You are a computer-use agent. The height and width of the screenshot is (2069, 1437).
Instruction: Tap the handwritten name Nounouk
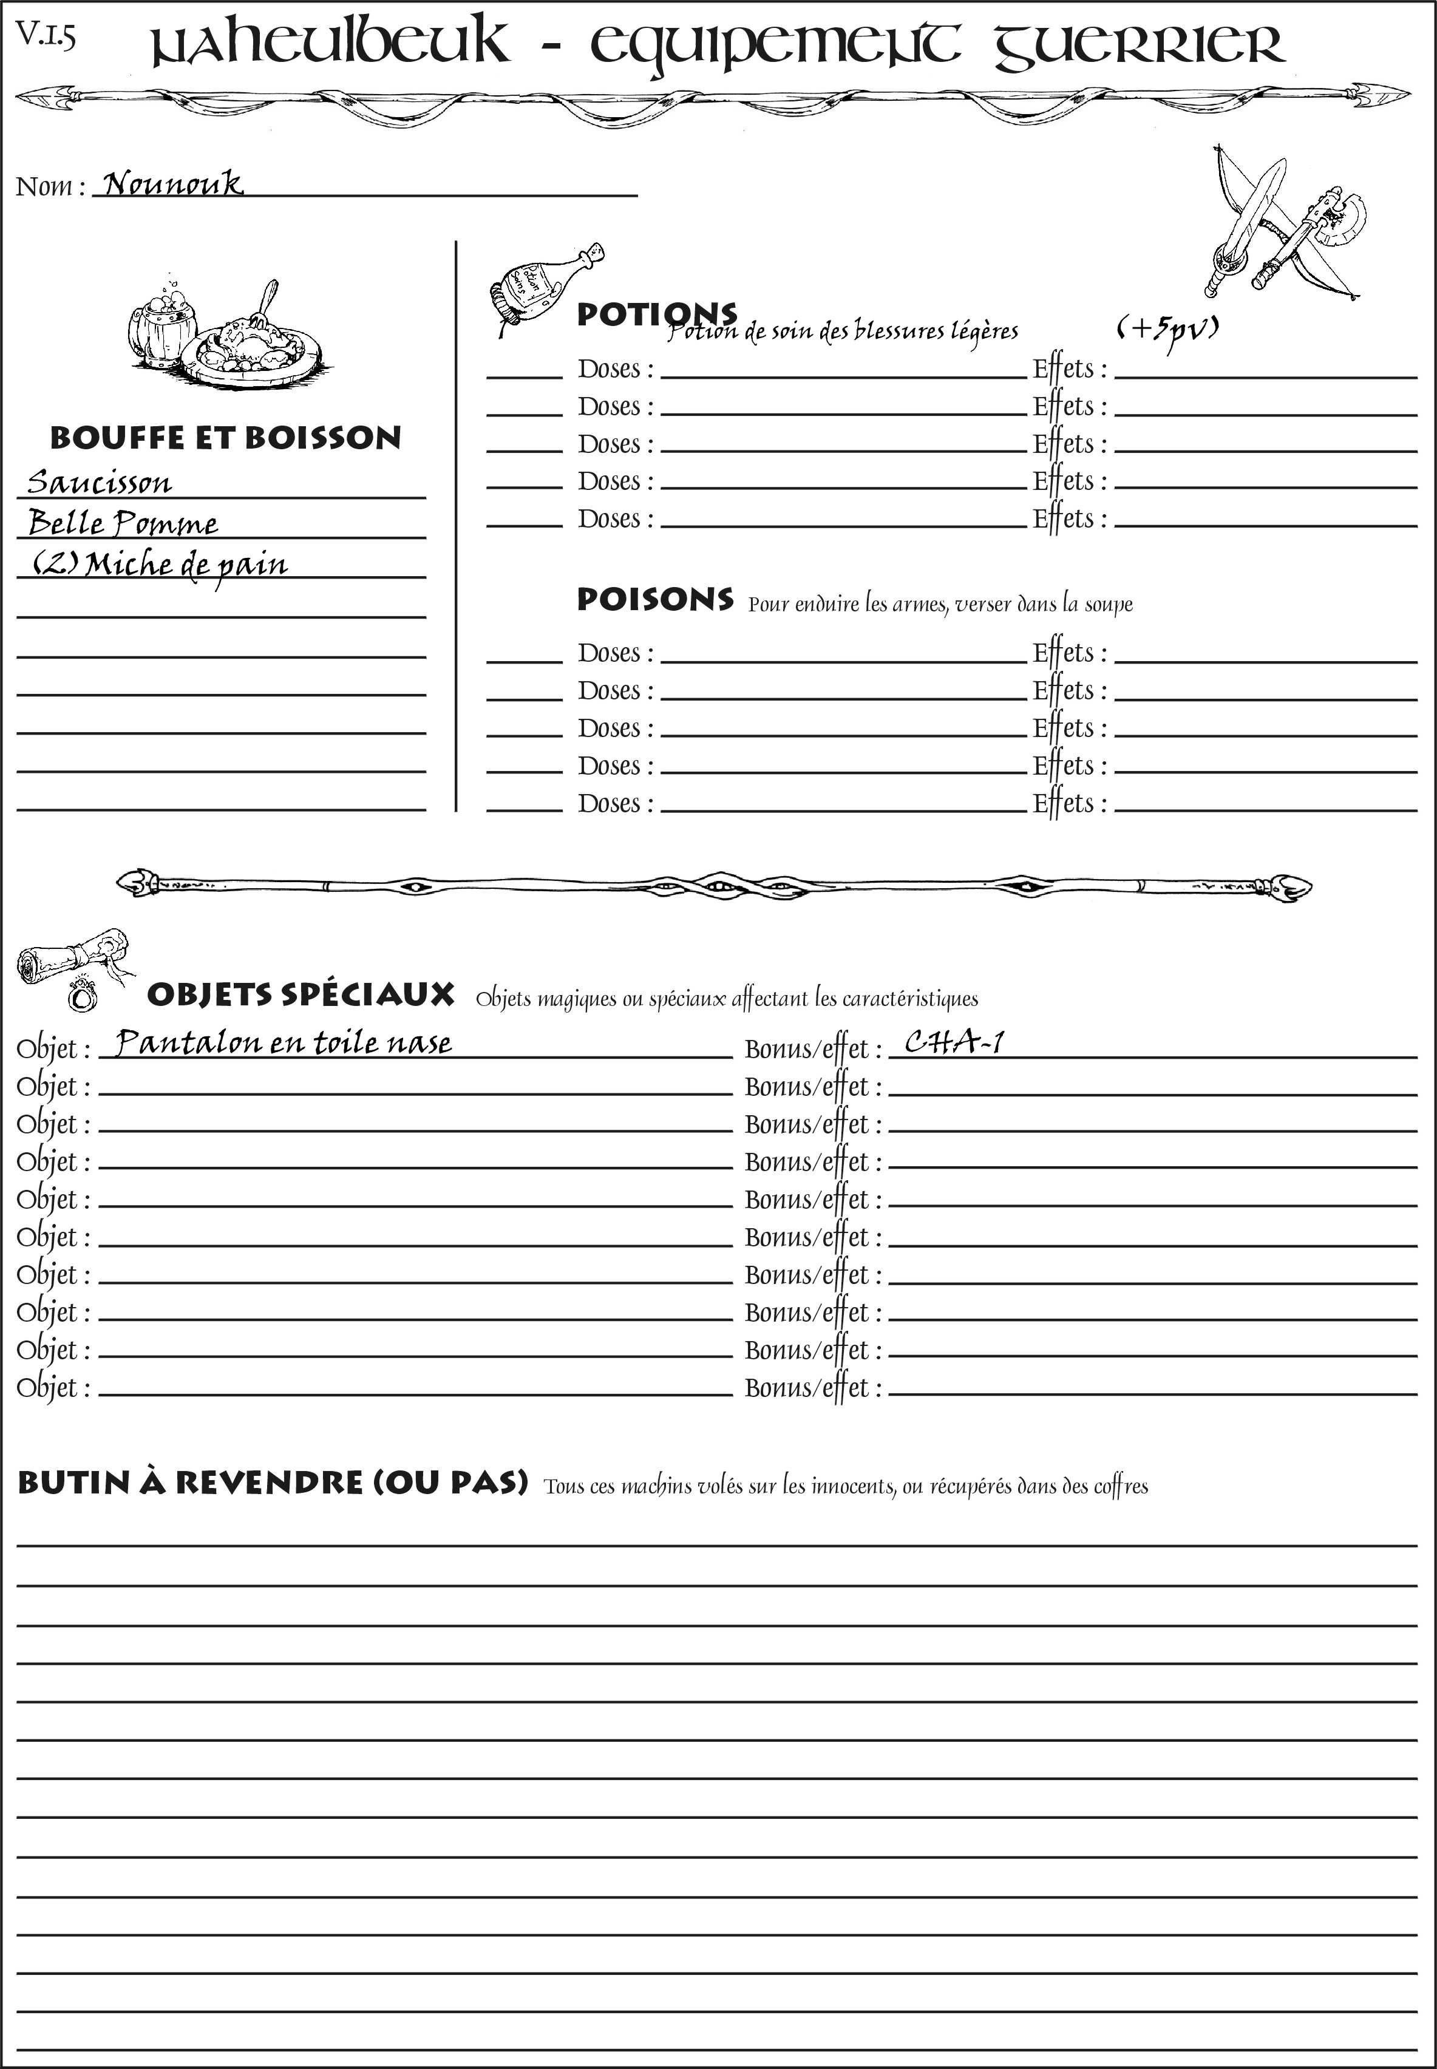(172, 185)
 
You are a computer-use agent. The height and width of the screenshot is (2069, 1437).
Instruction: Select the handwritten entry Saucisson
(99, 483)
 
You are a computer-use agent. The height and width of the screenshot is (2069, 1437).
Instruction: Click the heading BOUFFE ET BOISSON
(225, 438)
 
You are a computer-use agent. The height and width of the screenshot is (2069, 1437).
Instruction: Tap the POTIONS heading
(656, 314)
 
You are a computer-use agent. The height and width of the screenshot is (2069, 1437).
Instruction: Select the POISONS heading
(654, 600)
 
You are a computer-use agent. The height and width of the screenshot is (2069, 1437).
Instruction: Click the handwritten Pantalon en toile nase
(284, 1042)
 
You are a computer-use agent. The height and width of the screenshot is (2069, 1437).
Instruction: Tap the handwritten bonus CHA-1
(954, 1042)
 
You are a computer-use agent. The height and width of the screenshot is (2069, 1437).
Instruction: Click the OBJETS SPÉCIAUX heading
(300, 995)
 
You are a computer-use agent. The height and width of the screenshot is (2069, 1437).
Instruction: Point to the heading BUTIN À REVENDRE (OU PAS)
(272, 1483)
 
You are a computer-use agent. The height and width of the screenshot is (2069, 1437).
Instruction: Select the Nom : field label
(50, 187)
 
